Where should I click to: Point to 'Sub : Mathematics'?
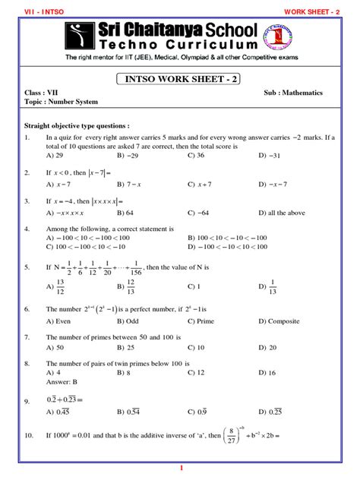(x=293, y=93)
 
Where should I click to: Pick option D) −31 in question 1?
(x=270, y=154)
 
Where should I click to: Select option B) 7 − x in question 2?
(x=131, y=184)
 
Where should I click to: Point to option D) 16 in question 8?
(x=267, y=373)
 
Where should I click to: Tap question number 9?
(x=27, y=400)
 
